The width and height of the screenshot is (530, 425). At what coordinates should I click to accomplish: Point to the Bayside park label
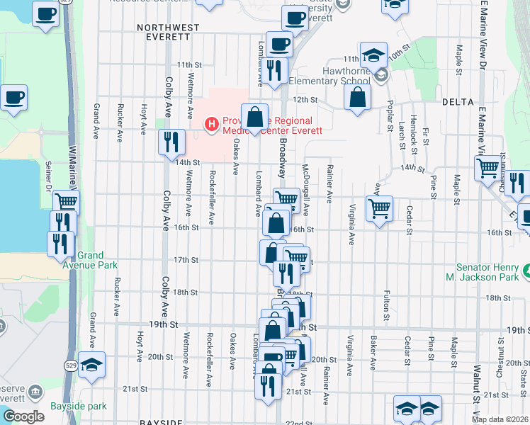78,407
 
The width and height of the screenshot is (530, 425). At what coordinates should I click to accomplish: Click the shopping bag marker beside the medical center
254,118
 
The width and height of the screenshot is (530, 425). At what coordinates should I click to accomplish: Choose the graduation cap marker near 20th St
91,364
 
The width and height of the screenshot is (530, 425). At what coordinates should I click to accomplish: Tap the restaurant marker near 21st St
267,387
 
